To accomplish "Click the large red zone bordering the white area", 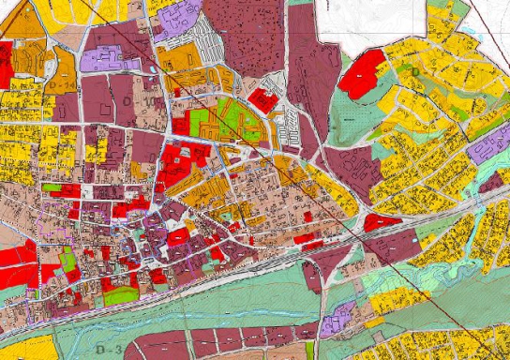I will (x=364, y=71).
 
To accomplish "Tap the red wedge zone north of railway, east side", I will (x=380, y=222).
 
